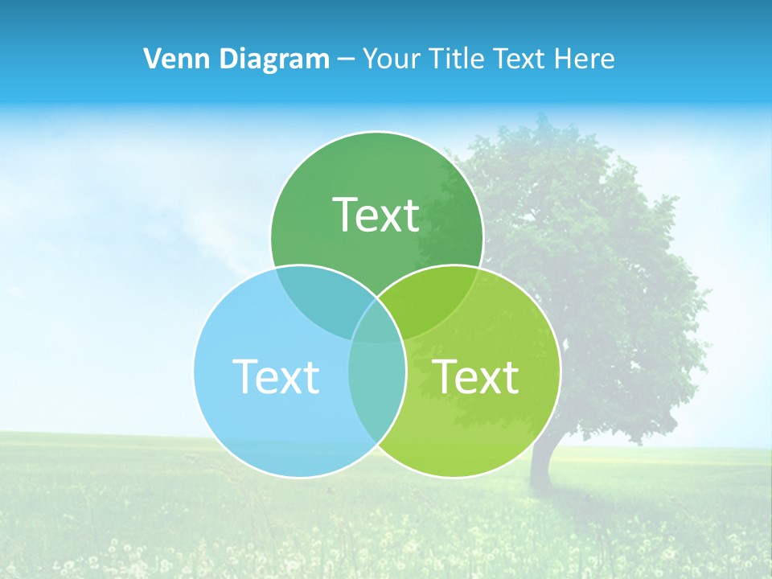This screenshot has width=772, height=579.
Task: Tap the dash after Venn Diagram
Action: (346, 60)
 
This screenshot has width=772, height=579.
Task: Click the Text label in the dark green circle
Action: (376, 215)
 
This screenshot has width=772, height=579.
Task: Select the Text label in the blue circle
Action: (276, 376)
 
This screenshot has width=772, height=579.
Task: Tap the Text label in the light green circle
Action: (476, 376)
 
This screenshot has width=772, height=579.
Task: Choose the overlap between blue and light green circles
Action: (377, 394)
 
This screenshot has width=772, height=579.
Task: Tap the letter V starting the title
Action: (150, 59)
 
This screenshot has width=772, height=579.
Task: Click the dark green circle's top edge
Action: (376, 132)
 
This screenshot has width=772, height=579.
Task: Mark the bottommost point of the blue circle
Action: (300, 478)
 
